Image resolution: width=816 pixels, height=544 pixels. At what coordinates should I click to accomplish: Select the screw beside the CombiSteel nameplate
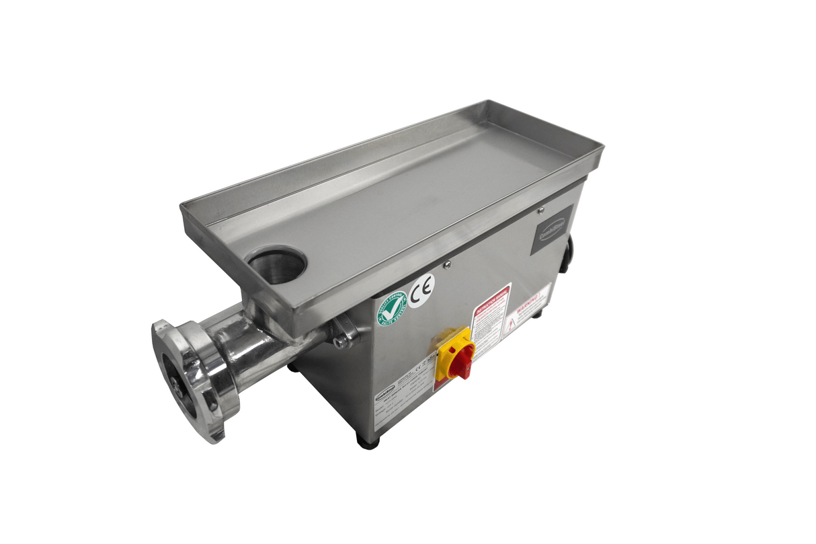pyautogui.click(x=540, y=210)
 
